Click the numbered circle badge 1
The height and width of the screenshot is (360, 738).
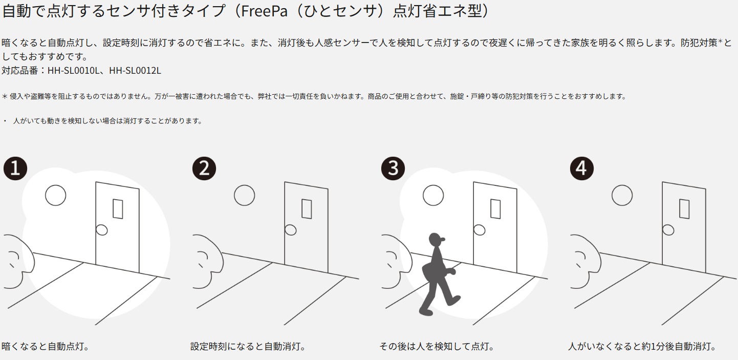(x=15, y=168)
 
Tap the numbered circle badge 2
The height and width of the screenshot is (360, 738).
(x=204, y=168)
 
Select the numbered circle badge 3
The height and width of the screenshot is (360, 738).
(x=393, y=168)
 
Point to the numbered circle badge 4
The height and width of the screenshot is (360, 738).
(x=582, y=168)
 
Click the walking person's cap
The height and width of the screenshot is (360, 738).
(x=437, y=238)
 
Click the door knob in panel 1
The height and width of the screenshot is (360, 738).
(x=102, y=230)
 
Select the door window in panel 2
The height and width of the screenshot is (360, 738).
(x=307, y=209)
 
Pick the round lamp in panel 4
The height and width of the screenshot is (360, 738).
(x=622, y=195)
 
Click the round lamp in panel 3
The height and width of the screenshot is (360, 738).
(x=433, y=195)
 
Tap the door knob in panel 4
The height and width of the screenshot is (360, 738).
(x=668, y=230)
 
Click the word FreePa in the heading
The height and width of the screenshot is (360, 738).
(x=264, y=11)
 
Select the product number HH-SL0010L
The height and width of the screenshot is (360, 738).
(x=73, y=71)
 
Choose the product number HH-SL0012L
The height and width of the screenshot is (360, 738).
(x=135, y=71)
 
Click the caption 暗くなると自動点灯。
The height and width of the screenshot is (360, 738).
(x=46, y=347)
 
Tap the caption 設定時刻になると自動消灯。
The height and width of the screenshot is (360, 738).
(x=249, y=347)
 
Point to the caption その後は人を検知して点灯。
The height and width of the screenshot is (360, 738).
(x=438, y=347)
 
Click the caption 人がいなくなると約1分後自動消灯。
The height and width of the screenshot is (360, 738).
(x=643, y=347)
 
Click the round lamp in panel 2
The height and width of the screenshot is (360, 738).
(x=245, y=195)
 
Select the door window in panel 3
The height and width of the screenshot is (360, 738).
(x=495, y=209)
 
